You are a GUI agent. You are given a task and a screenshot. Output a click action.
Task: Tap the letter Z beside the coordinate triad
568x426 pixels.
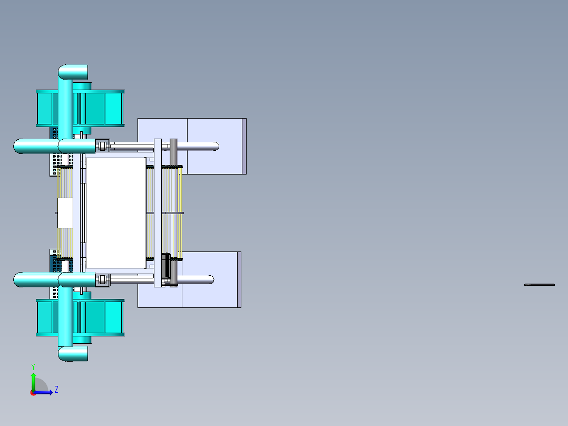[56, 390]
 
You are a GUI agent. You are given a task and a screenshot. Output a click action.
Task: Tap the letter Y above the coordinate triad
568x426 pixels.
[33, 366]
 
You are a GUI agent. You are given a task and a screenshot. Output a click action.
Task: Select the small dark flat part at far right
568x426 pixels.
[540, 285]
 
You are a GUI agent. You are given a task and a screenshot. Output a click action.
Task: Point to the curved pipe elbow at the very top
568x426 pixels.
[71, 72]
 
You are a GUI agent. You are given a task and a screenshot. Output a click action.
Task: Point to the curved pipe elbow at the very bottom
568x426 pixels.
[71, 354]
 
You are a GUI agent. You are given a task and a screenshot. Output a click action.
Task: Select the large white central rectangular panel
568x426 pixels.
[115, 212]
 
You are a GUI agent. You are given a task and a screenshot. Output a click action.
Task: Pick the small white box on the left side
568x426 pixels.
[65, 213]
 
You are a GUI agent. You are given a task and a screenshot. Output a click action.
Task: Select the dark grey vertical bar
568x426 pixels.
[173, 211]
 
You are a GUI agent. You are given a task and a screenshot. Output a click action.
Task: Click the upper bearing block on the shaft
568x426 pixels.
[102, 146]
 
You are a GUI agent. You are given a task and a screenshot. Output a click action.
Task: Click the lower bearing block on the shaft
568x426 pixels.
[102, 280]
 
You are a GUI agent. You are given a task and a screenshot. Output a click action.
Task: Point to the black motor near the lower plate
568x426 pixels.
[166, 266]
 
